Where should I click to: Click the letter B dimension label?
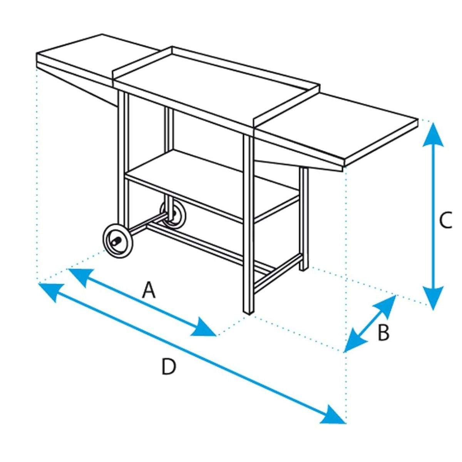pyautogui.click(x=383, y=333)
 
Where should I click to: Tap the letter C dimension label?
pyautogui.click(x=446, y=220)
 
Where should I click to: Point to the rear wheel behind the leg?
pyautogui.click(x=173, y=215)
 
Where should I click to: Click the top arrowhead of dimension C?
pyautogui.click(x=433, y=134)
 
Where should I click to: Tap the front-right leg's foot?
pyautogui.click(x=248, y=312)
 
